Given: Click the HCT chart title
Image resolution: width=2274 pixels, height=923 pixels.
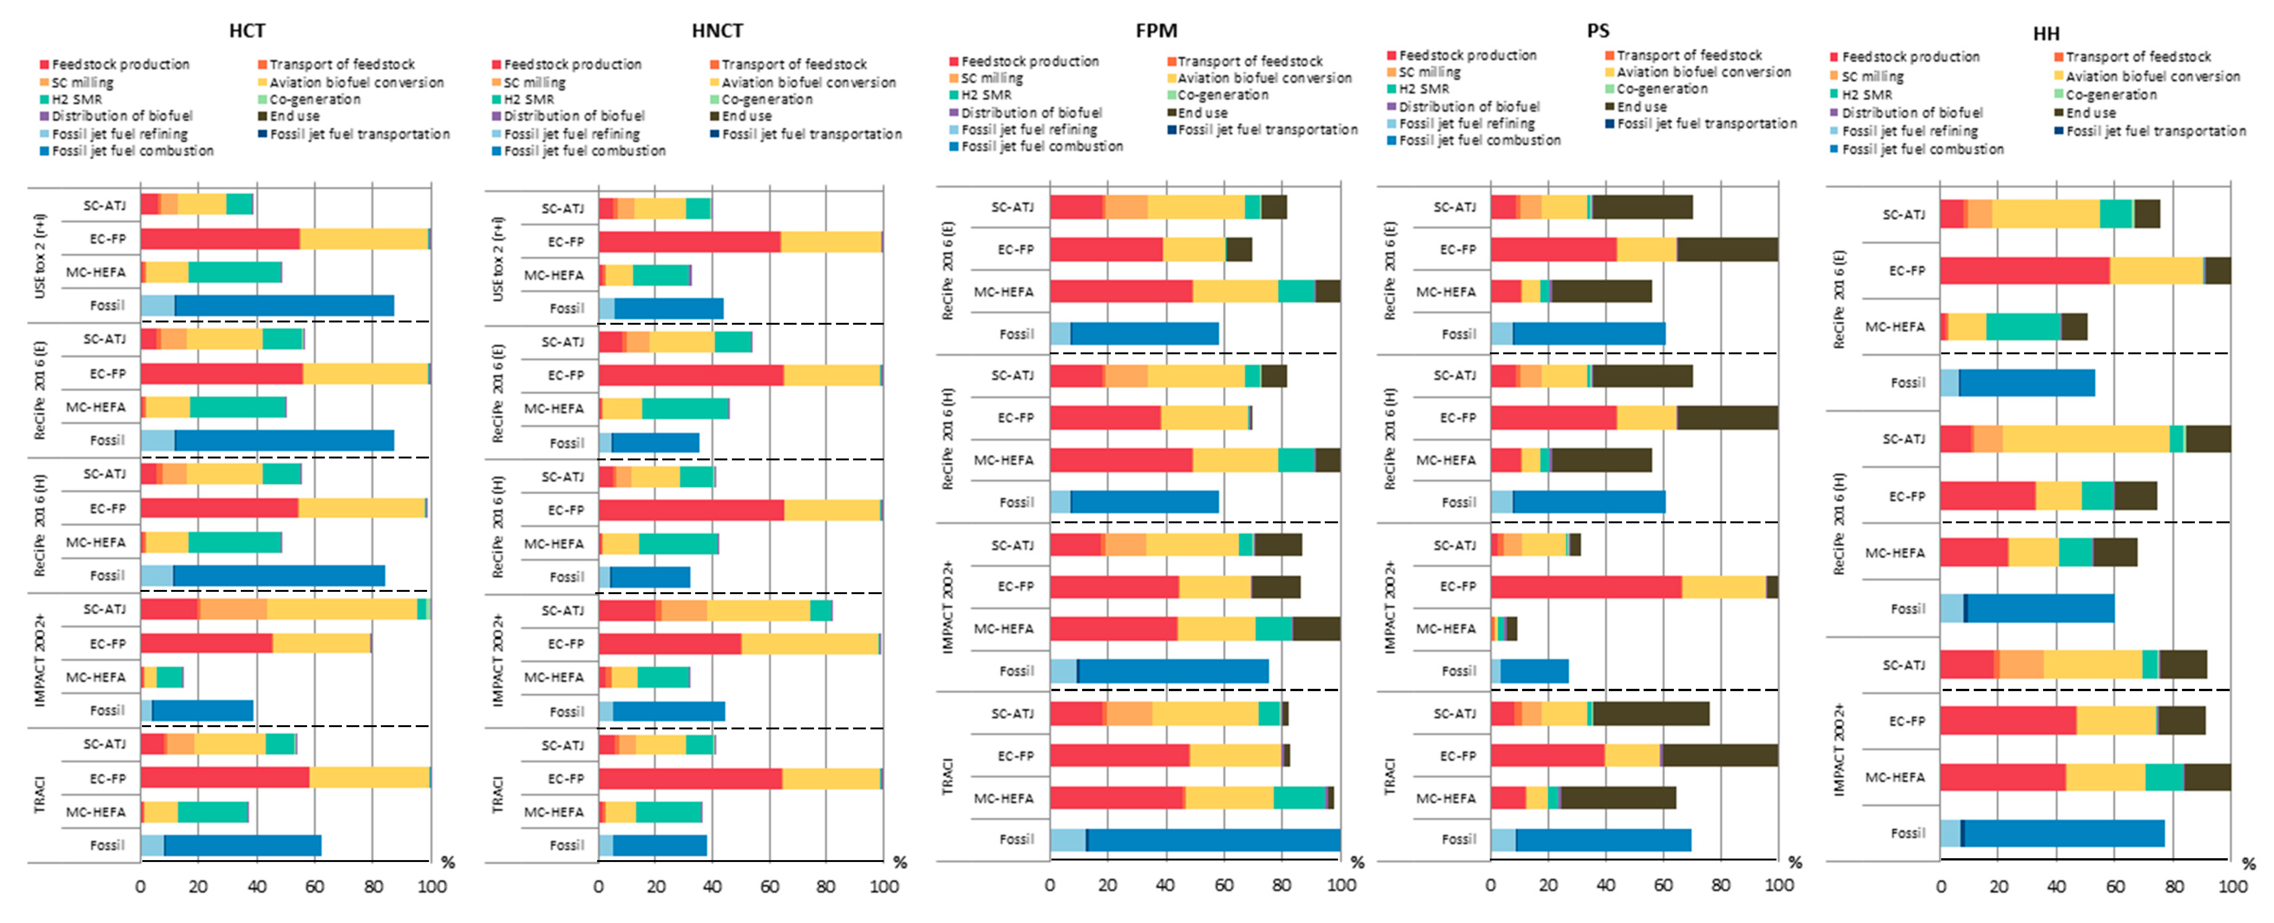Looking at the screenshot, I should click(x=247, y=31).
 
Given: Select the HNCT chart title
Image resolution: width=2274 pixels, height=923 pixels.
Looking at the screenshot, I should click(x=717, y=31).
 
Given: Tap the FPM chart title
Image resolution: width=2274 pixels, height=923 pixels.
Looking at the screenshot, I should click(x=1156, y=31).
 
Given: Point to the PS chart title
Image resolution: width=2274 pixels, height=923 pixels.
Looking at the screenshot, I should click(x=1598, y=31).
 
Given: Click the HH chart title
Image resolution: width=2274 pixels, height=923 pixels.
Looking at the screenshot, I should click(x=2046, y=34).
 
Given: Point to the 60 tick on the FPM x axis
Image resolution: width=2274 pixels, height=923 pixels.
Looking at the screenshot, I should click(x=1223, y=885).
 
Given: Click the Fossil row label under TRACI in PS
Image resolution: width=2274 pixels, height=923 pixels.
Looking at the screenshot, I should click(x=1458, y=839).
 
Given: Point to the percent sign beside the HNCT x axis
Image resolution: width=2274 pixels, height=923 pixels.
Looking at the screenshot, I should click(x=900, y=862).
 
